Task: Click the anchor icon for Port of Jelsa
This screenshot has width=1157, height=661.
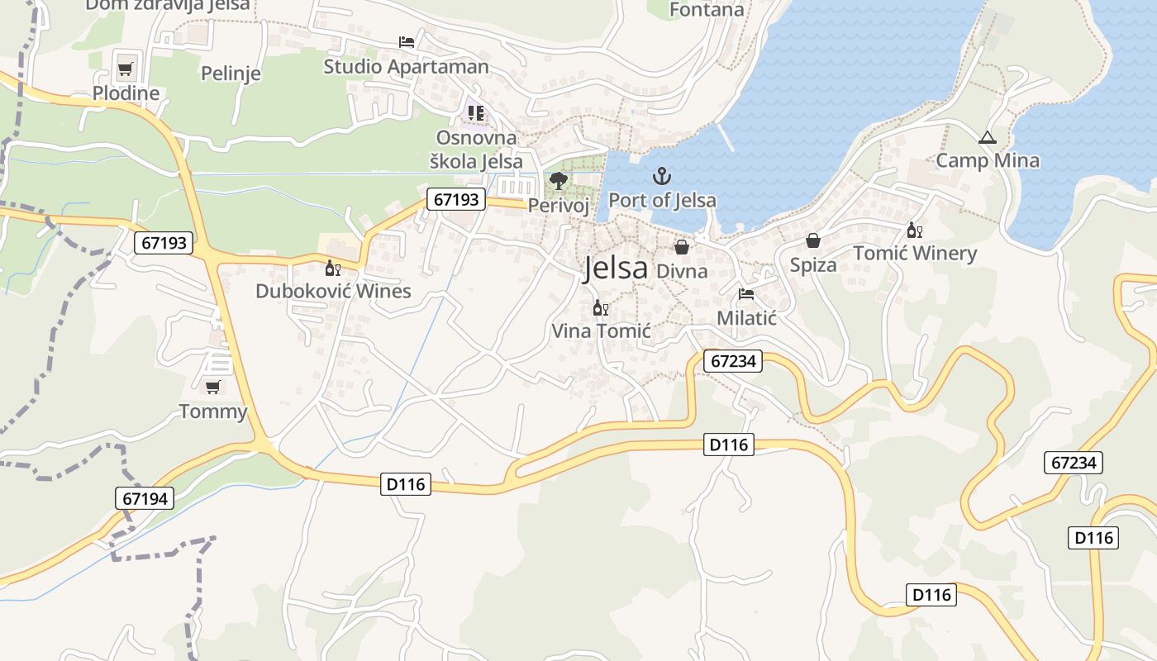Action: pyautogui.click(x=660, y=176)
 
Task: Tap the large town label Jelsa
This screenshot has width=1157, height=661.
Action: pyautogui.click(x=616, y=269)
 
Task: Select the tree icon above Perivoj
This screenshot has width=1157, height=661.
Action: pyautogui.click(x=558, y=180)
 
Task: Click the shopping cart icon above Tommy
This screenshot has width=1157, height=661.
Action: pyautogui.click(x=213, y=386)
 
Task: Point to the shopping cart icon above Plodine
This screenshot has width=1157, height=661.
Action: pyautogui.click(x=125, y=69)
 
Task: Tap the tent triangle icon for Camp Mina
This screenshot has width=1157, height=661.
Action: pyautogui.click(x=987, y=137)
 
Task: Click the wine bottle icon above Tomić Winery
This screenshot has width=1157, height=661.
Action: pyautogui.click(x=913, y=230)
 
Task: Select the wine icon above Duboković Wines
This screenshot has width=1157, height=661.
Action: pyautogui.click(x=332, y=268)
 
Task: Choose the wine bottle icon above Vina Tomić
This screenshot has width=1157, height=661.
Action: pyautogui.click(x=601, y=308)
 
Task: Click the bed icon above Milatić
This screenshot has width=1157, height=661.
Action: pyautogui.click(x=746, y=294)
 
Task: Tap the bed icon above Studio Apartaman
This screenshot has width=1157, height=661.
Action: pyautogui.click(x=406, y=41)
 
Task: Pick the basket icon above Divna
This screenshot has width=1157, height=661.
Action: pyautogui.click(x=682, y=246)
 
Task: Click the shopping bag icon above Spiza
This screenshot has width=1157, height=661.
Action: pyautogui.click(x=813, y=240)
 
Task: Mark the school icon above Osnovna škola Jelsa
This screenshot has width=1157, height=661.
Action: pyautogui.click(x=475, y=113)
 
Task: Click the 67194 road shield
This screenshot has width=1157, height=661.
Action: pyautogui.click(x=145, y=498)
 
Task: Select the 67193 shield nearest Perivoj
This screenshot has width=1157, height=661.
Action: pyautogui.click(x=456, y=199)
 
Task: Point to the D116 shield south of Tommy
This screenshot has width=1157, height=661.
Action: pyautogui.click(x=407, y=484)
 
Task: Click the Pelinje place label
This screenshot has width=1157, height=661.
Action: pyautogui.click(x=231, y=74)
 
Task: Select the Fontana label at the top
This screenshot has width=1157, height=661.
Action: pyautogui.click(x=707, y=10)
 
